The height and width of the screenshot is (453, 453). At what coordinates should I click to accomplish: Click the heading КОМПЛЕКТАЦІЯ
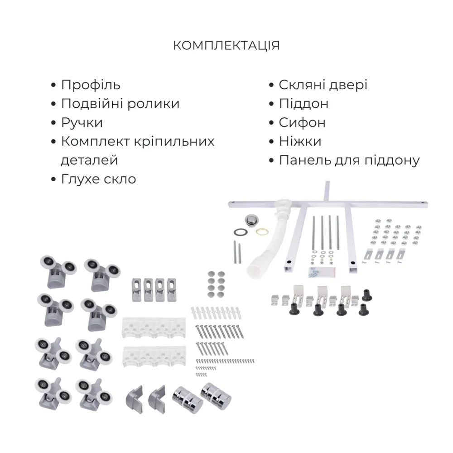(x=226, y=46)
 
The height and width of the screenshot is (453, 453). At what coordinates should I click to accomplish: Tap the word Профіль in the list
(x=91, y=85)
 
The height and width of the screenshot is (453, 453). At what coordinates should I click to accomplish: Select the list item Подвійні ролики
(x=120, y=104)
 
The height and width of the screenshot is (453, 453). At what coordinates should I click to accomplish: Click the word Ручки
(x=82, y=123)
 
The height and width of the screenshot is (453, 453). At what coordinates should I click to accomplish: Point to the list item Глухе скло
(x=98, y=179)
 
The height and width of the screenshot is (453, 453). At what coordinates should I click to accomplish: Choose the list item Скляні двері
(x=323, y=85)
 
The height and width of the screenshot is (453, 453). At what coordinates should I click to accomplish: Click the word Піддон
(x=304, y=104)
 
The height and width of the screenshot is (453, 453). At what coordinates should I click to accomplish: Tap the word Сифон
(x=302, y=123)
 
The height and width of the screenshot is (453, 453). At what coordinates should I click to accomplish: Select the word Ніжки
(x=300, y=141)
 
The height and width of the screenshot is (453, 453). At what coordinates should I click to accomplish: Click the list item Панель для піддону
(x=349, y=160)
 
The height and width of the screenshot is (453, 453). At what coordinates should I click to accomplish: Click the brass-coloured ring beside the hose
(x=261, y=231)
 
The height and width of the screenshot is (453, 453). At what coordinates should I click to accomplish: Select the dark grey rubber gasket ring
(x=240, y=232)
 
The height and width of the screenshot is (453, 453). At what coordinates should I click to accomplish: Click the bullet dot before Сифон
(x=271, y=123)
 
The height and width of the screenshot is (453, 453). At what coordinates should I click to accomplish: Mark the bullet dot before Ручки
(x=54, y=123)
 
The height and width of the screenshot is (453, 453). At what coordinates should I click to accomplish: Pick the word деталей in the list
(x=89, y=160)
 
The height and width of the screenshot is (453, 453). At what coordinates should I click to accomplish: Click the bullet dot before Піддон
(x=271, y=104)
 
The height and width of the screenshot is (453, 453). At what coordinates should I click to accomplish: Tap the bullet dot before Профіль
(x=54, y=86)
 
